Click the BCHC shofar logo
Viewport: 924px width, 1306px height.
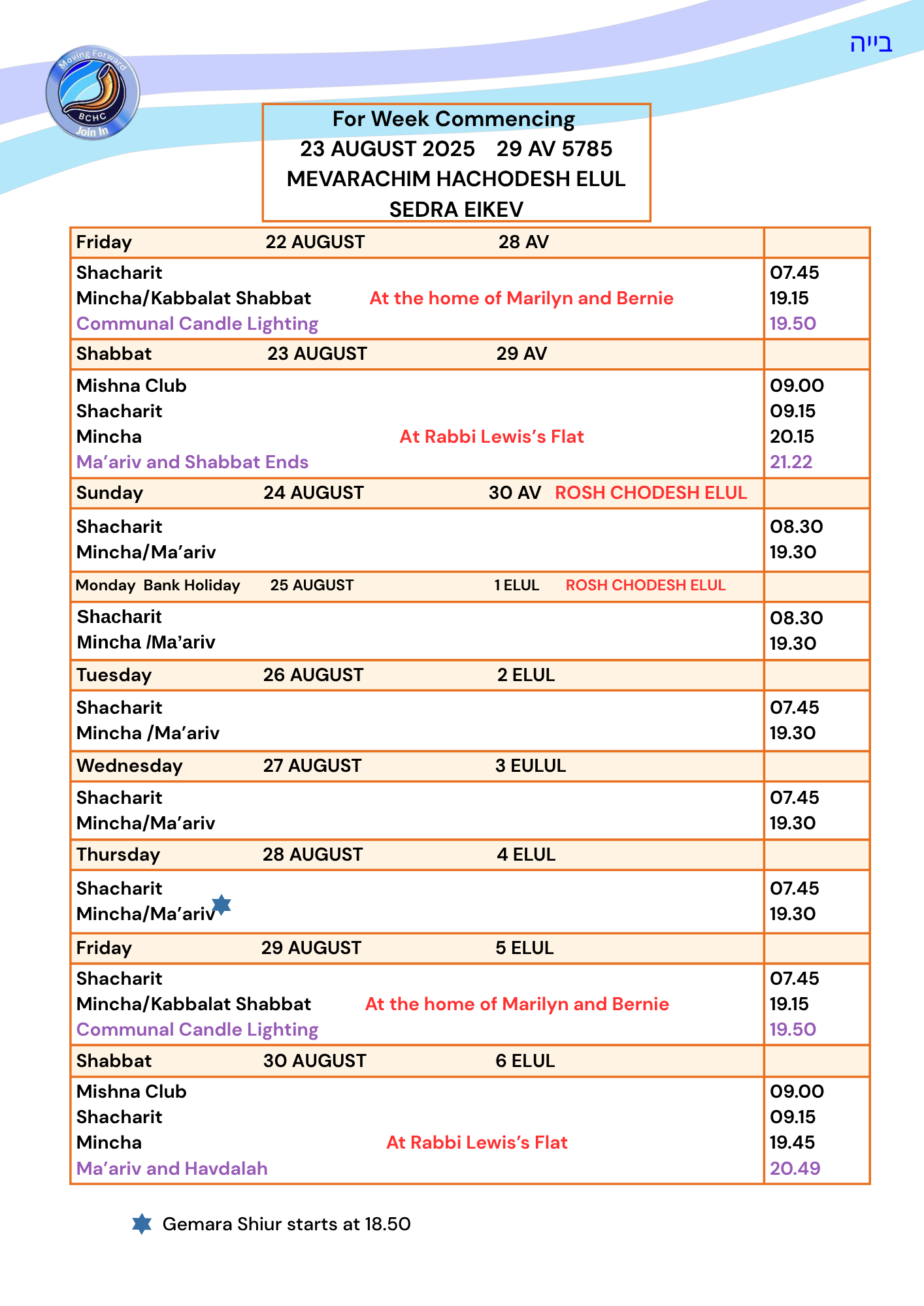pos(92,93)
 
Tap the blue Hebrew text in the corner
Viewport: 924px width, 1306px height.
pos(870,44)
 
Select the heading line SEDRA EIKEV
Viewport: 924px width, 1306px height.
pos(456,210)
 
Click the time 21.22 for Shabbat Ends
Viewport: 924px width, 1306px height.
pos(791,462)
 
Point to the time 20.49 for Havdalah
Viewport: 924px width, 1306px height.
pos(795,1168)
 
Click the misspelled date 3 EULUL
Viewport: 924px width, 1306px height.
pos(530,765)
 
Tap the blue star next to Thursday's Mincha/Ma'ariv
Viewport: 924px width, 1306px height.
pos(222,904)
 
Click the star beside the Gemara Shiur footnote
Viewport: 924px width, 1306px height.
pos(142,1224)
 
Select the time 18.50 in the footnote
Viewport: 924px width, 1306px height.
pos(388,1224)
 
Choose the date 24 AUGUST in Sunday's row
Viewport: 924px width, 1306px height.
pos(314,493)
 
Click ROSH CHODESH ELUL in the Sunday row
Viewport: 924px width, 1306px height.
pos(651,493)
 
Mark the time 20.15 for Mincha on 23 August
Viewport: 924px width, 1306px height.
pos(792,437)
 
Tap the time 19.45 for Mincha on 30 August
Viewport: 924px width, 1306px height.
pos(792,1143)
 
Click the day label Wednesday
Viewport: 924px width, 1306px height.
pos(129,766)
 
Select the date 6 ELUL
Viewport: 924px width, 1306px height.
pos(525,1061)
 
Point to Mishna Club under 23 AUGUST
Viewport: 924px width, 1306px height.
pos(131,386)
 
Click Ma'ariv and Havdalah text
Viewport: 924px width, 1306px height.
pos(172,1168)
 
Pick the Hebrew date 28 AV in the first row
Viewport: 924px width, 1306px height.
pos(523,242)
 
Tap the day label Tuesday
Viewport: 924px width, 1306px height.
pos(114,675)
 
